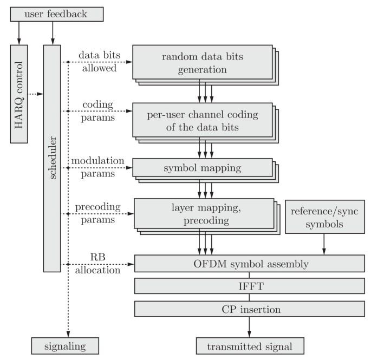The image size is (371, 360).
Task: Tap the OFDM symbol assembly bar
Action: (249, 264)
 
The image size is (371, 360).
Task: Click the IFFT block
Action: (249, 286)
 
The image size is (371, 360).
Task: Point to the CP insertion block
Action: (249, 309)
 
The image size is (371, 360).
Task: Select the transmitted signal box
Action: (249, 345)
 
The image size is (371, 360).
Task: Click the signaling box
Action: (65, 345)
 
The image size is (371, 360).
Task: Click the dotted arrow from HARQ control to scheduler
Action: (36, 95)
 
